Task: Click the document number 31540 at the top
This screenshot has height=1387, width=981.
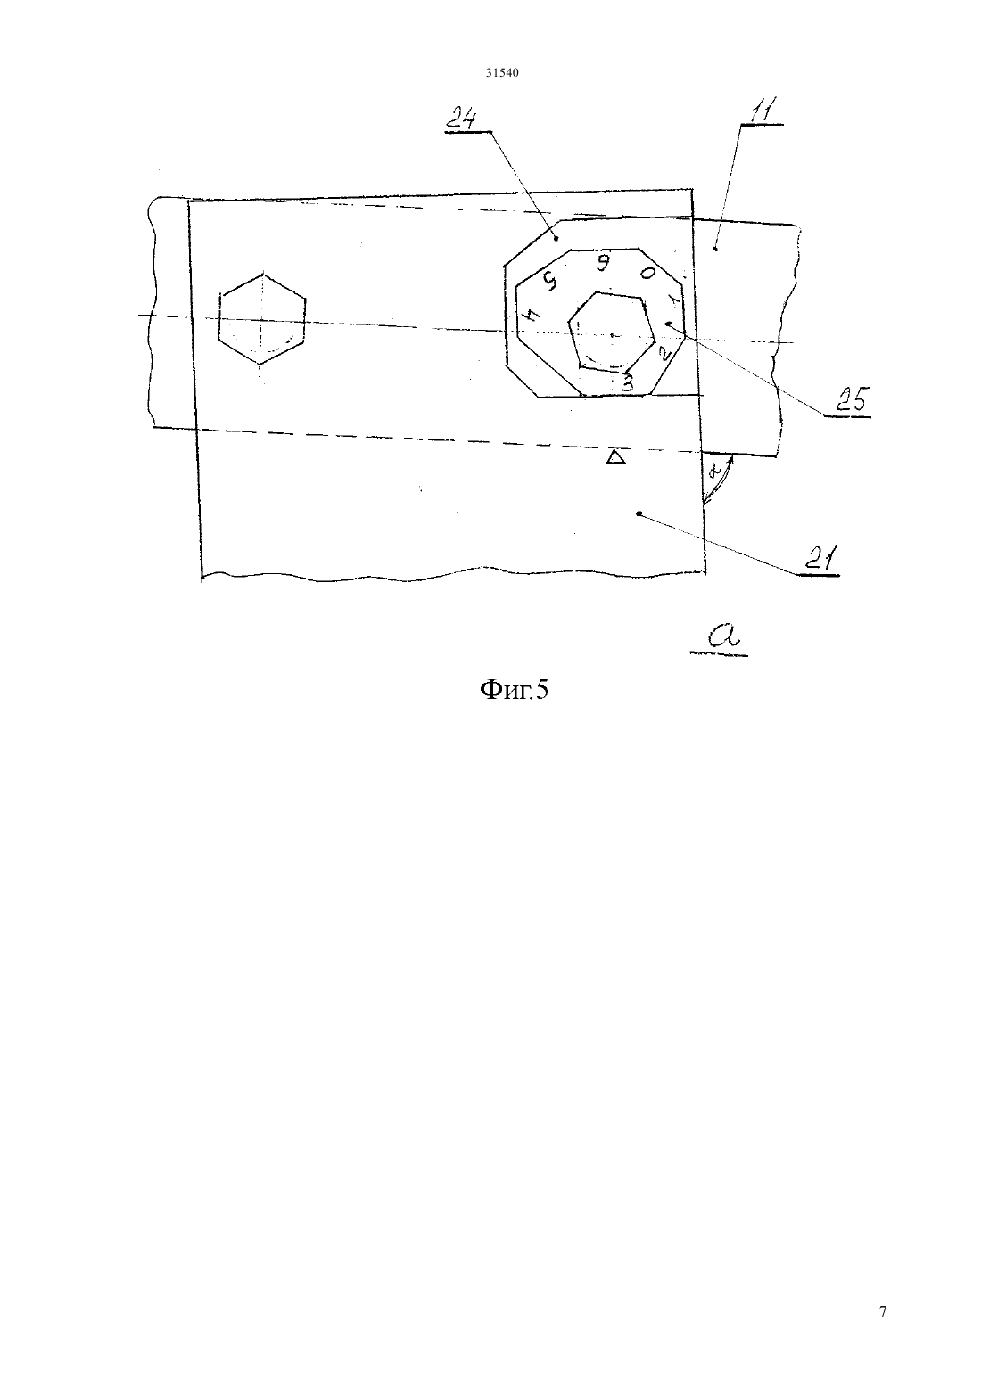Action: coord(501,72)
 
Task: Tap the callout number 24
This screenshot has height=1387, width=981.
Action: coord(464,118)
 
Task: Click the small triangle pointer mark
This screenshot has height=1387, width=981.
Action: coord(615,457)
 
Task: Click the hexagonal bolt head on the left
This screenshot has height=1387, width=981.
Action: coord(261,318)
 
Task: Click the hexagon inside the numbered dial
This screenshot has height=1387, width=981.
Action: coord(612,332)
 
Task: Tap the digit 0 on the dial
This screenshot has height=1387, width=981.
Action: coord(647,273)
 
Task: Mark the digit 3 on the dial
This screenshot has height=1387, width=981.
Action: coord(627,383)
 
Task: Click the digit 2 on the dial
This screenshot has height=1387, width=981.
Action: coord(664,353)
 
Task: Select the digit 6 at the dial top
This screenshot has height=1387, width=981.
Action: coord(600,263)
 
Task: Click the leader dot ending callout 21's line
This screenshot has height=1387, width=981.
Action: coord(639,513)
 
